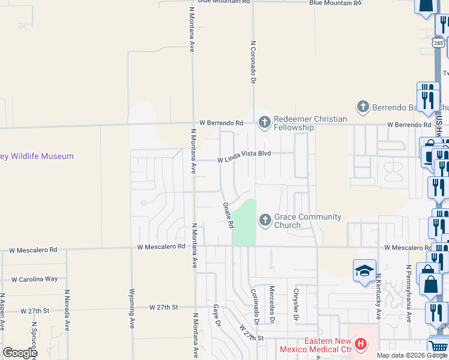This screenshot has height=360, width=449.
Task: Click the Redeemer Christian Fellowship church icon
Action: click(x=265, y=123)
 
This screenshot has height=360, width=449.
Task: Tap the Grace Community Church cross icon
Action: click(x=265, y=221)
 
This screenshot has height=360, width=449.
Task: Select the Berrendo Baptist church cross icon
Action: click(x=363, y=107)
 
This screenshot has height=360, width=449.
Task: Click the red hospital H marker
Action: click(x=361, y=344)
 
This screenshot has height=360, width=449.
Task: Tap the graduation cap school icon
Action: click(x=364, y=271)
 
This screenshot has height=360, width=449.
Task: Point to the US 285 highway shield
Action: click(x=438, y=43)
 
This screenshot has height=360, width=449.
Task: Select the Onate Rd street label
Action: click(x=228, y=215)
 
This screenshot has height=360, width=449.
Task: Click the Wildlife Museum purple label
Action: click(x=37, y=157)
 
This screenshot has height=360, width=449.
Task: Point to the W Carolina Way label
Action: click(x=35, y=279)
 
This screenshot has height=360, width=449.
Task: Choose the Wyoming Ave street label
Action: click(x=132, y=308)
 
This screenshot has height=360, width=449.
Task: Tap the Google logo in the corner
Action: click(x=20, y=352)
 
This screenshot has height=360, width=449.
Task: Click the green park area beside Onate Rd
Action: click(x=244, y=222)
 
